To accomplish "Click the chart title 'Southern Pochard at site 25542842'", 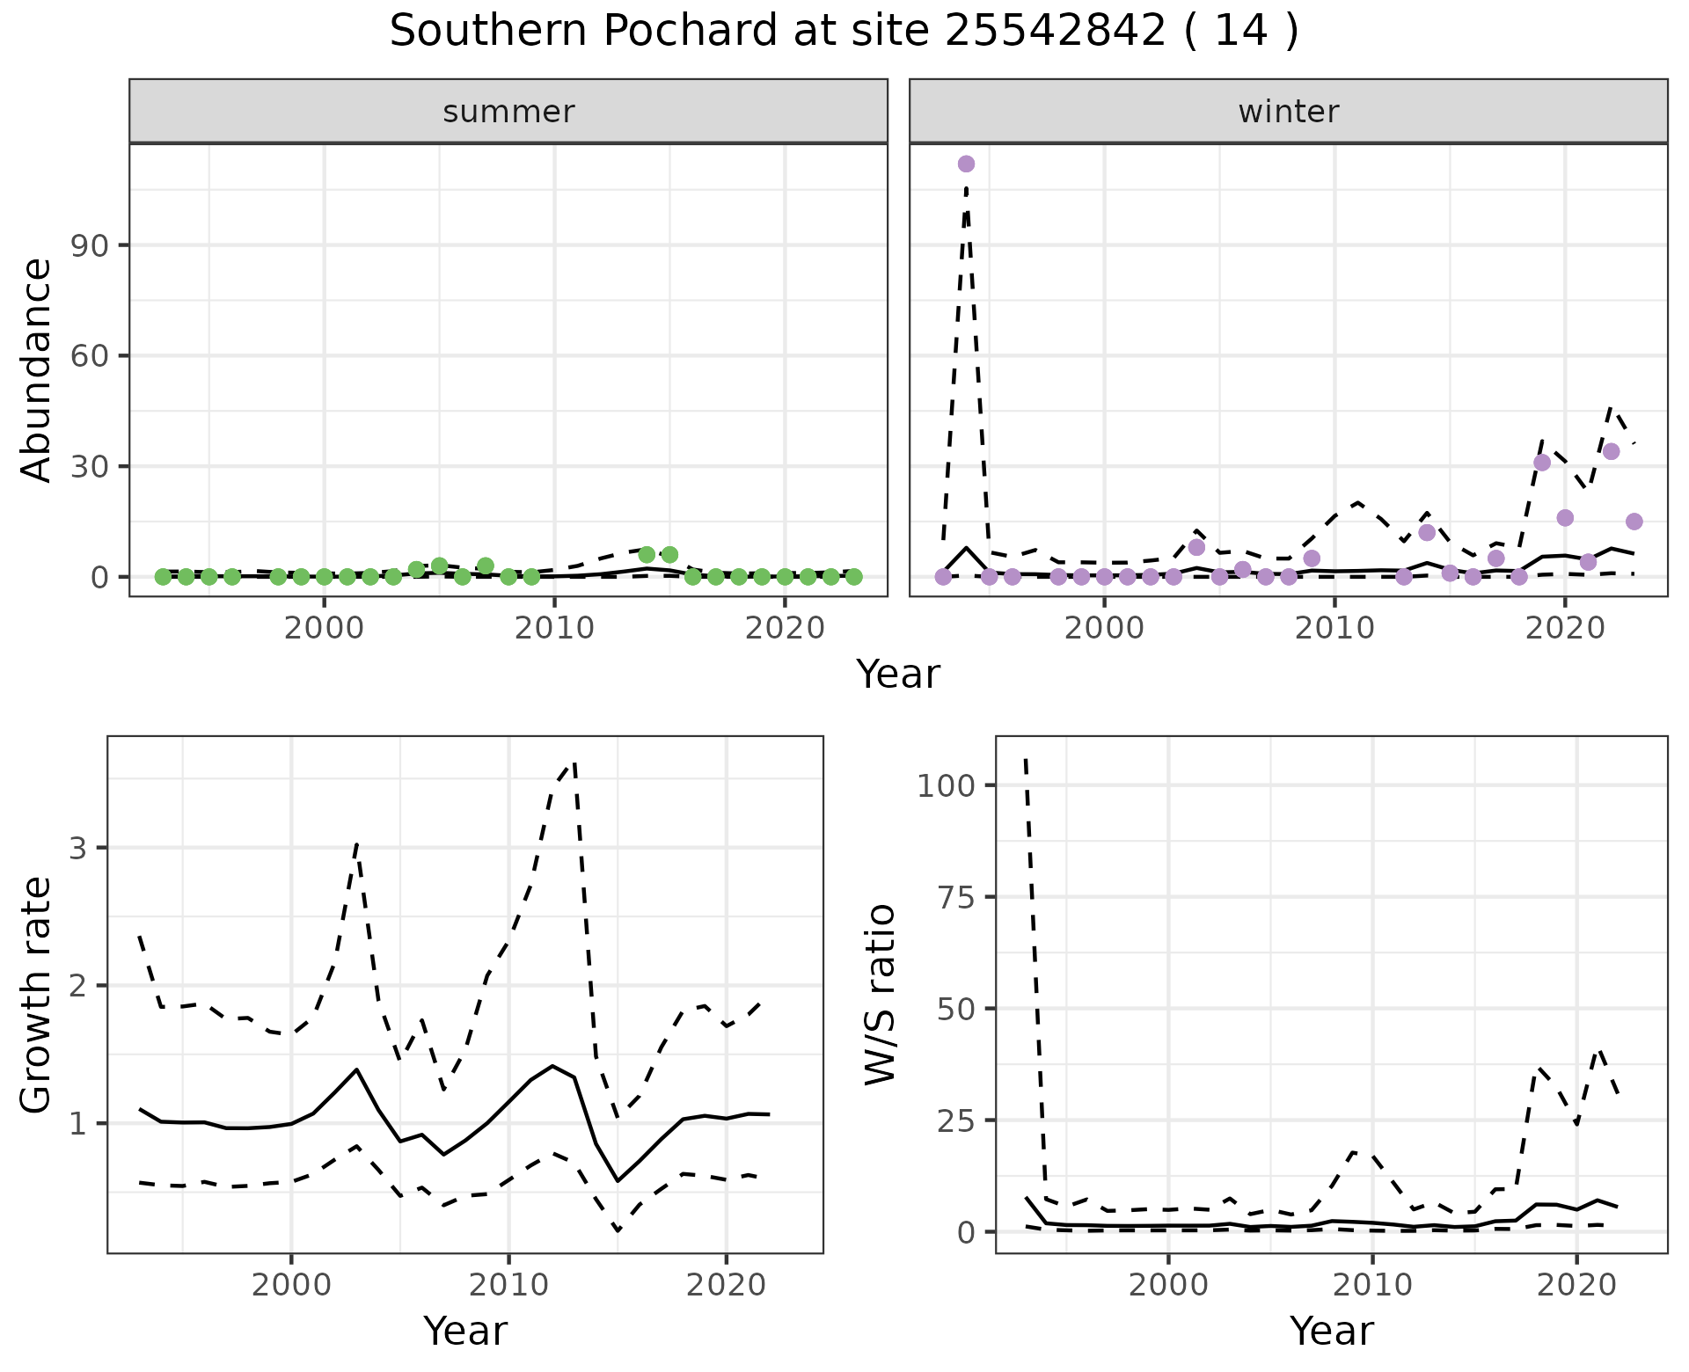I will click(843, 32).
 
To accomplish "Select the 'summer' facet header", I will click(508, 112).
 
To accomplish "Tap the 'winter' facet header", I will click(1288, 112).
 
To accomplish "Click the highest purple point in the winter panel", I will click(966, 164).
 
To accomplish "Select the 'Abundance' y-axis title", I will click(37, 369).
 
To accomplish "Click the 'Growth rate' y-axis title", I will click(37, 994).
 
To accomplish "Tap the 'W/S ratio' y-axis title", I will click(880, 994).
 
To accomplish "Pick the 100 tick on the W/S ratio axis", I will click(946, 785).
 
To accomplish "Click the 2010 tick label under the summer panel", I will click(554, 628).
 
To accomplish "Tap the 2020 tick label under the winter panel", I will click(1565, 628).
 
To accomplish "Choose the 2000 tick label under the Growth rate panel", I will click(291, 1285).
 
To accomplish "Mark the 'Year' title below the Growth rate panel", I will click(465, 1332).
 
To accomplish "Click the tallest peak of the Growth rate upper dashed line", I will click(574, 763).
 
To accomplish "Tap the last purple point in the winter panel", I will click(1634, 522).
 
